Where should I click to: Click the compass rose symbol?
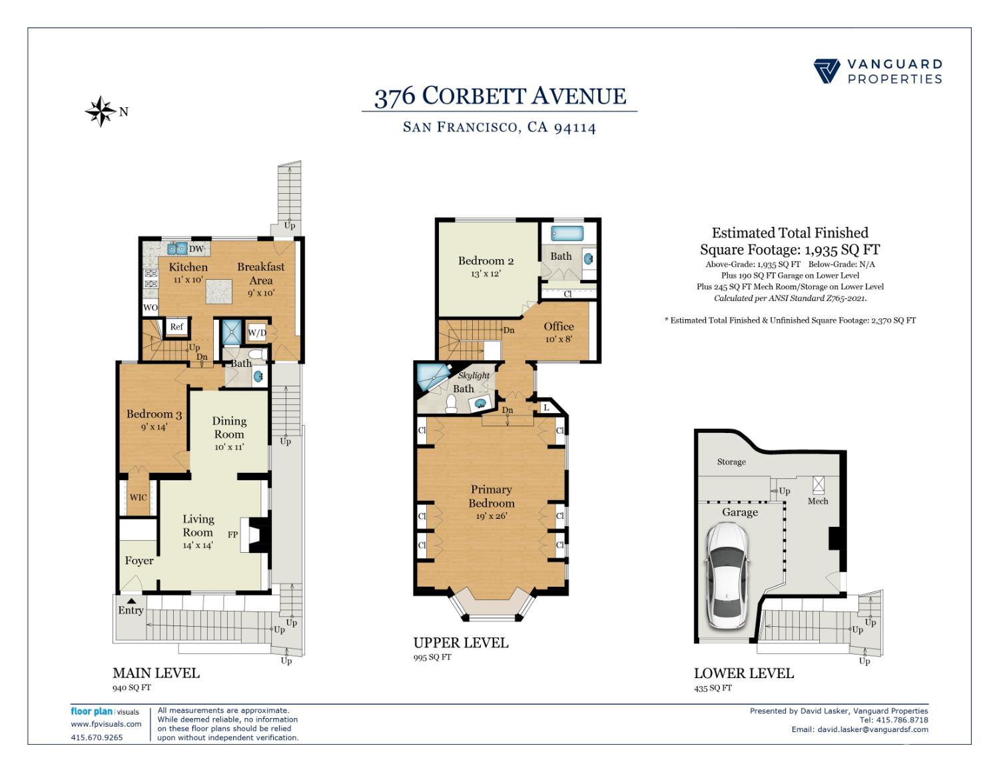[x=101, y=111]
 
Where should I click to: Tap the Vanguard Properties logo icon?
[x=827, y=71]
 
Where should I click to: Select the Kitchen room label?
[x=188, y=267]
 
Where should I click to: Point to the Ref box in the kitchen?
[x=176, y=326]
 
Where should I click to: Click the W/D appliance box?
[x=257, y=332]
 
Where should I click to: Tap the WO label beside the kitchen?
[x=151, y=308]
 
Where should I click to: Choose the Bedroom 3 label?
[x=154, y=414]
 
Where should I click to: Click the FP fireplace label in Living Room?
[x=233, y=534]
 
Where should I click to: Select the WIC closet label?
[x=138, y=498]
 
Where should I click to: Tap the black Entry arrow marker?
[x=132, y=601]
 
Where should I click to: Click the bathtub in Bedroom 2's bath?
[x=567, y=234]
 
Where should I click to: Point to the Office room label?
[x=558, y=326]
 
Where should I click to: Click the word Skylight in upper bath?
[x=474, y=376]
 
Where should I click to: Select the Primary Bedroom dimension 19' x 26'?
[x=492, y=516]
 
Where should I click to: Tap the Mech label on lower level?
[x=818, y=501]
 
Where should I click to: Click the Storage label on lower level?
[x=731, y=462]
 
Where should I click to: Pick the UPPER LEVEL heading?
[x=460, y=643]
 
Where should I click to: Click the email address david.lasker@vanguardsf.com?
[x=872, y=729]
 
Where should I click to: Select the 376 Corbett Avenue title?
[x=499, y=97]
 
